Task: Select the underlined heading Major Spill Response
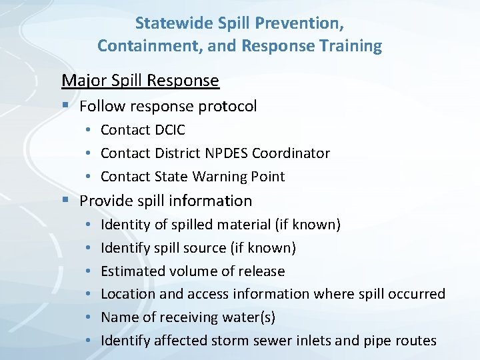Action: click(140, 81)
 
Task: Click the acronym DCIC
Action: click(169, 130)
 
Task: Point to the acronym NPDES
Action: click(223, 153)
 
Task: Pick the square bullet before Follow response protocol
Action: click(65, 106)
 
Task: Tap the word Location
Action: click(128, 294)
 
